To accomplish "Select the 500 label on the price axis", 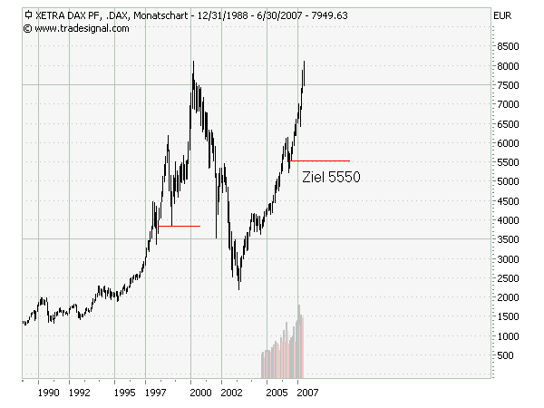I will pos(507,355).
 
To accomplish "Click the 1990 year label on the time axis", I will pos(48,393).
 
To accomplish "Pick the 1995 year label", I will pos(125,393).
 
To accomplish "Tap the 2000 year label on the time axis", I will pos(200,393).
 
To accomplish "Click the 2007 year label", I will pos(306,393).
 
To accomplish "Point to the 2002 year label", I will pos(231,393).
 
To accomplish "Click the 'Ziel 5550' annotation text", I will pos(331,178).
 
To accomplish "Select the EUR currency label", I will pos(501,15).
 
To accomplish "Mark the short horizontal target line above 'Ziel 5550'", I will pos(319,160).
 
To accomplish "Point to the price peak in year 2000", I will pos(192,62).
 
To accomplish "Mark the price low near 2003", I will pos(238,288).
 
